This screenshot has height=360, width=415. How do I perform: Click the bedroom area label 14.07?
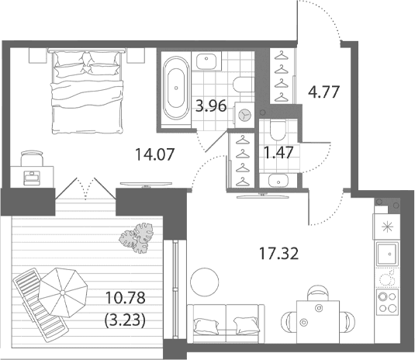tap(155, 154)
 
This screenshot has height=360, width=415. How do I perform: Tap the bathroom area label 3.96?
tap(211, 106)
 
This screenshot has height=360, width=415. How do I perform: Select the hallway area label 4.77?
tap(323, 92)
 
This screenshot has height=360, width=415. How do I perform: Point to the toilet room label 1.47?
tap(279, 153)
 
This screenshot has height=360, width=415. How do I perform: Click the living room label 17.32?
tap(278, 254)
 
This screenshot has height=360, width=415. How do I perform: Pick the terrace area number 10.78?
tap(125, 297)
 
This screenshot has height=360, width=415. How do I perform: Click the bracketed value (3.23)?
tap(125, 320)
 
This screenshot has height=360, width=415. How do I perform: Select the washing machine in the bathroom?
tap(244, 114)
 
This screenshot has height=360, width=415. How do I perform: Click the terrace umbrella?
tap(63, 292)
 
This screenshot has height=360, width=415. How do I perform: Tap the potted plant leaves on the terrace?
tap(137, 238)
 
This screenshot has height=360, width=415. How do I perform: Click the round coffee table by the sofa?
tap(205, 282)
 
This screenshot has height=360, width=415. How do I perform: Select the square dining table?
tap(318, 321)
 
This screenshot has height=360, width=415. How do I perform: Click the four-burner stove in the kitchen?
tap(388, 302)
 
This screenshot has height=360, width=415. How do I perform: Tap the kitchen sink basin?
tap(387, 254)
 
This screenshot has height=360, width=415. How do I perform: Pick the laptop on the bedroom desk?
tap(32, 178)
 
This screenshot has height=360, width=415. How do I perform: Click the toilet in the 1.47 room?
tap(278, 130)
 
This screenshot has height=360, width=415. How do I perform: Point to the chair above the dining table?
tap(318, 292)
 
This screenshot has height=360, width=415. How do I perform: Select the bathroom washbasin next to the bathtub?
tap(206, 61)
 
